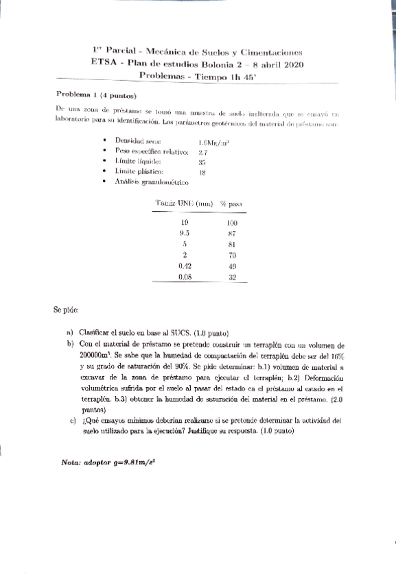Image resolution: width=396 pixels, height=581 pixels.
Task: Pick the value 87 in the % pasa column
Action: pyautogui.click(x=231, y=233)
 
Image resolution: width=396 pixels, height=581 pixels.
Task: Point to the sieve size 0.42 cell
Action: pyautogui.click(x=184, y=266)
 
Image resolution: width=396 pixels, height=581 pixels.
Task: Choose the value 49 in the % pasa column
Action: pyautogui.click(x=232, y=266)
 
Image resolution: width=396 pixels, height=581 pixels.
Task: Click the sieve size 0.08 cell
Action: pyautogui.click(x=184, y=277)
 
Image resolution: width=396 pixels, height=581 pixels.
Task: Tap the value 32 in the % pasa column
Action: pyautogui.click(x=232, y=277)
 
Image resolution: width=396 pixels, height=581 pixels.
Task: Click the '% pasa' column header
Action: pyautogui.click(x=233, y=203)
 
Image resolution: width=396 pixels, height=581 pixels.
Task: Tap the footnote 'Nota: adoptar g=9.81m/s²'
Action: pyautogui.click(x=109, y=462)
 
